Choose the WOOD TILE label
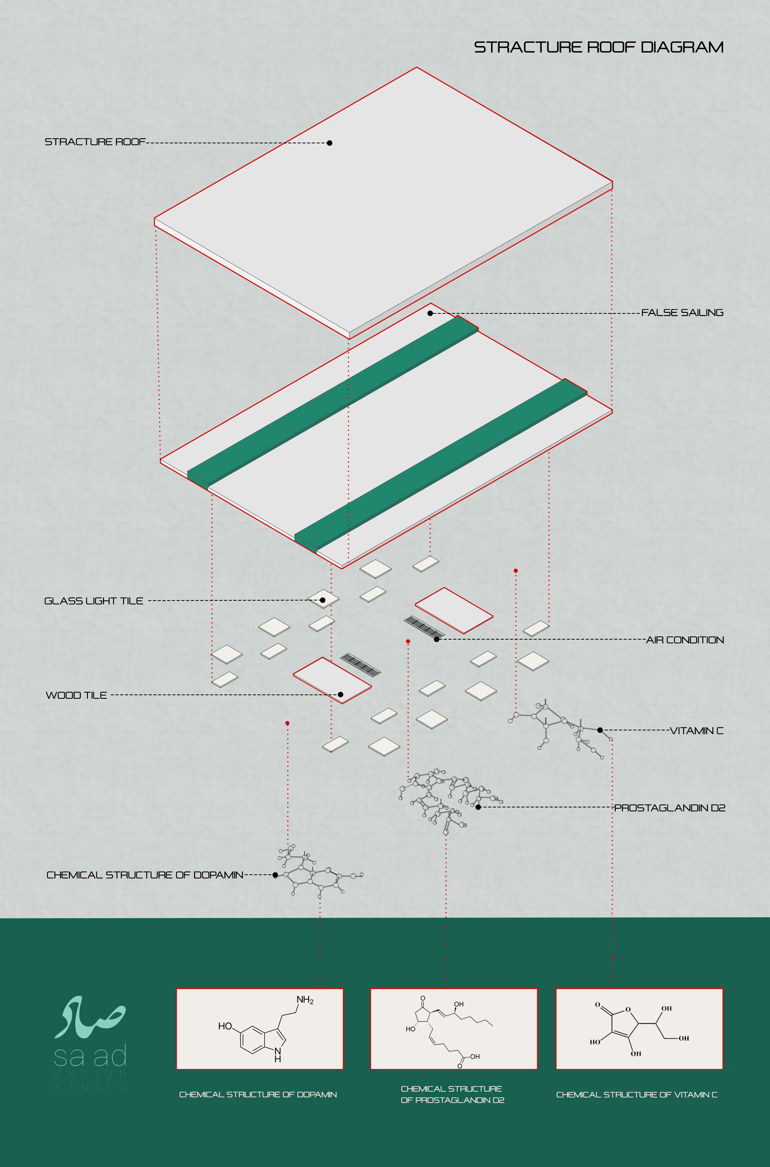76,695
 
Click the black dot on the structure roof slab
330,143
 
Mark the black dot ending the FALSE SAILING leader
430,313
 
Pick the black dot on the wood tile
340,694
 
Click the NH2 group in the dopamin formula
305,1000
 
